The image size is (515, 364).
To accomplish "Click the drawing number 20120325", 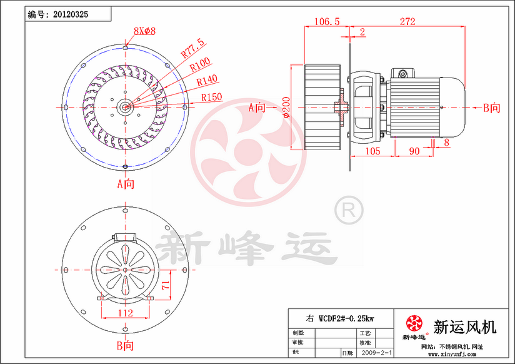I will pyautogui.click(x=71, y=13).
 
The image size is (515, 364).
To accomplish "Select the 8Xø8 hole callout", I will pyautogui.click(x=144, y=30).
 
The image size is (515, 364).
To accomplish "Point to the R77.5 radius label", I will pyautogui.click(x=192, y=48).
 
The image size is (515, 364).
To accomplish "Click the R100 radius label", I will pyautogui.click(x=200, y=64).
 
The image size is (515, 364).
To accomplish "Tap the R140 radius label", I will pyautogui.click(x=207, y=80).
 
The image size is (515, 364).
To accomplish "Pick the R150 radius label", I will pyautogui.click(x=212, y=97).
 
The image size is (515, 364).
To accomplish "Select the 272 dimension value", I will pyautogui.click(x=407, y=21).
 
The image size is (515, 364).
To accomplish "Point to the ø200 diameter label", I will pyautogui.click(x=286, y=107).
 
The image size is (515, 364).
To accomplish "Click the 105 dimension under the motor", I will pyautogui.click(x=372, y=151).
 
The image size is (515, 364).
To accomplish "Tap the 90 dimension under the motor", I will pyautogui.click(x=414, y=151).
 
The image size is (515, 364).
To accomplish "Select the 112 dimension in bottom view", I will pyautogui.click(x=125, y=313).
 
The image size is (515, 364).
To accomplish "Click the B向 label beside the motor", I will pyautogui.click(x=492, y=108).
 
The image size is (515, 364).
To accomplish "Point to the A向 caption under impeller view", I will pyautogui.click(x=126, y=184).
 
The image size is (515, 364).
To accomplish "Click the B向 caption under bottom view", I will pyautogui.click(x=126, y=345).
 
